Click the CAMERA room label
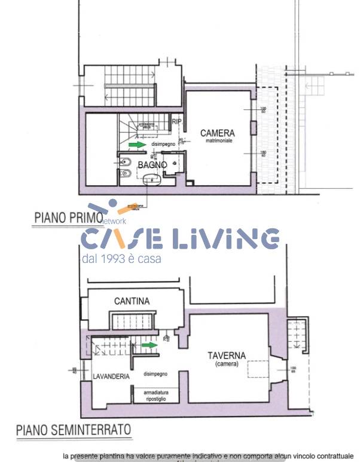[217, 133]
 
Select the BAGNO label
[152, 165]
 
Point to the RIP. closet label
[176, 122]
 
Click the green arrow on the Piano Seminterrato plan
[150, 345]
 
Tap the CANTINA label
[132, 301]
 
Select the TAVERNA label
[227, 355]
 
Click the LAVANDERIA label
[111, 377]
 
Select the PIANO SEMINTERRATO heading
[74, 429]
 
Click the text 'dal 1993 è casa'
[121, 259]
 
